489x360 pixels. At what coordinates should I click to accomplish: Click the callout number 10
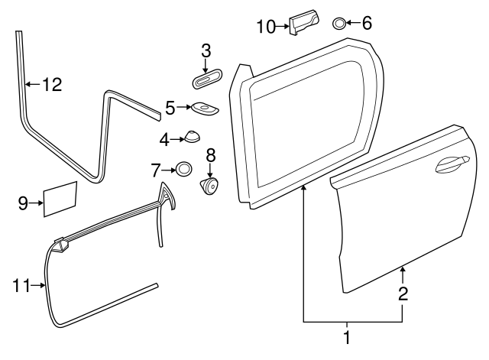click(x=267, y=27)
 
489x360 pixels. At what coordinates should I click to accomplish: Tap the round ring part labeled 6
click(x=339, y=24)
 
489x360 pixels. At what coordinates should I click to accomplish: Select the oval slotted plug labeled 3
click(x=206, y=79)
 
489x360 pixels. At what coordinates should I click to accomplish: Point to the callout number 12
click(x=52, y=85)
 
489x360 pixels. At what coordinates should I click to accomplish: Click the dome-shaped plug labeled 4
click(x=192, y=137)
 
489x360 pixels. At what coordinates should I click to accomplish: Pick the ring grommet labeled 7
click(x=183, y=170)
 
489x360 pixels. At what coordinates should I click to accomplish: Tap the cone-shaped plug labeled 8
click(x=209, y=186)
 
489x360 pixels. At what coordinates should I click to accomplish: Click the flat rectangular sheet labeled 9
click(x=60, y=199)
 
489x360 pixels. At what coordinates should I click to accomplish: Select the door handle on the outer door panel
click(x=452, y=164)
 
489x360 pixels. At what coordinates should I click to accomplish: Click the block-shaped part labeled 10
click(x=304, y=21)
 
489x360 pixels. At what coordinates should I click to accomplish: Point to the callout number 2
click(x=403, y=294)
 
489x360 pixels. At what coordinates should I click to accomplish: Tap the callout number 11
click(x=21, y=285)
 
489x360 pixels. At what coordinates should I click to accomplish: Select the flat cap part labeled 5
click(x=204, y=109)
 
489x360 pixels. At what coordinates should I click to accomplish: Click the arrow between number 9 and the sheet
click(x=37, y=203)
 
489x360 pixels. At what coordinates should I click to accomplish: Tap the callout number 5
click(x=170, y=108)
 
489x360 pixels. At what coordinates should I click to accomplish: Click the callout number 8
click(x=211, y=155)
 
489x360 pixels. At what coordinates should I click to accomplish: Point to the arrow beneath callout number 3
click(x=206, y=66)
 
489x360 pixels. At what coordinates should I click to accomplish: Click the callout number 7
click(x=156, y=170)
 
